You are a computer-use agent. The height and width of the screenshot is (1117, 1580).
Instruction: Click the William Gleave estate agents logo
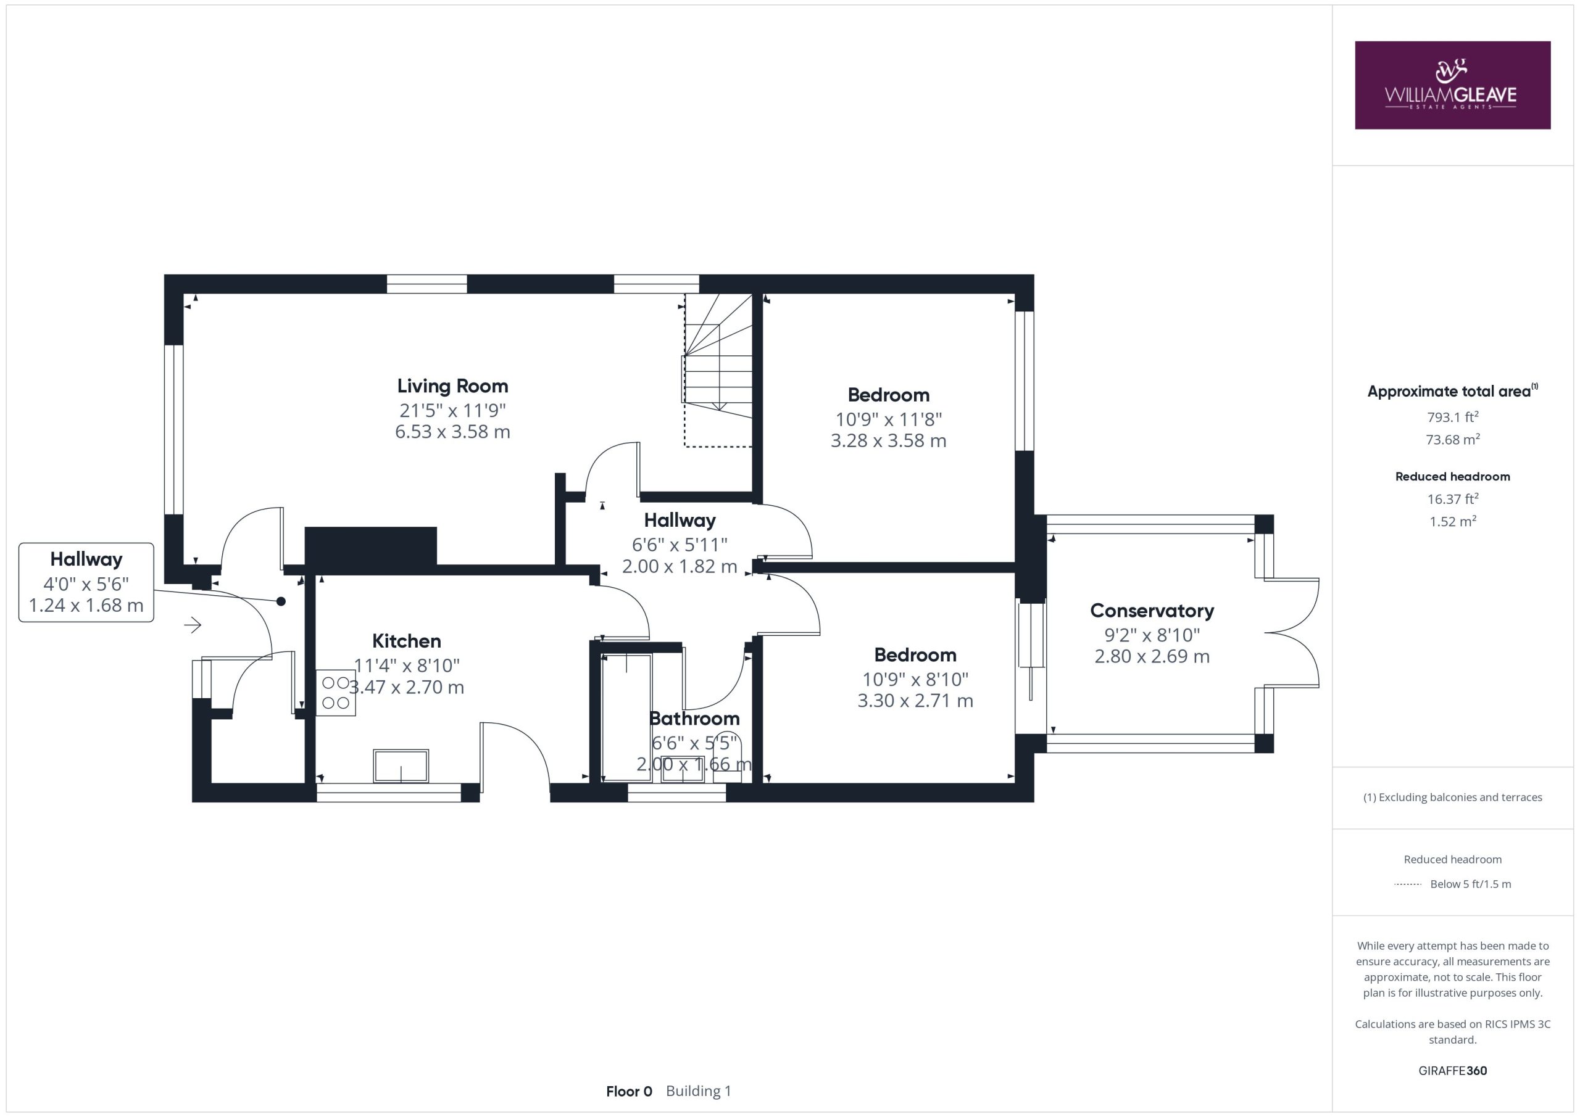point(1453,85)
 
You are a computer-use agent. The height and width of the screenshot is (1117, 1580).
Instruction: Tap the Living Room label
point(452,386)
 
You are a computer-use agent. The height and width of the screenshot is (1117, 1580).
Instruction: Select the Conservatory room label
point(1152,611)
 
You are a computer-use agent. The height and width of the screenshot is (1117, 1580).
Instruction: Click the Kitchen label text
point(406,641)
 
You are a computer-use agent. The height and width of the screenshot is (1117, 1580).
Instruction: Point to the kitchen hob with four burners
point(336,693)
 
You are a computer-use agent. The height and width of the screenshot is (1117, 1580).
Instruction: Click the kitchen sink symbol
point(401,765)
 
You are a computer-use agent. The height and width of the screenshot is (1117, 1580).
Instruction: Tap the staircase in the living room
point(718,370)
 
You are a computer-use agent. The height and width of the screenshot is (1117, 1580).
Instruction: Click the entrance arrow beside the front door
point(193,625)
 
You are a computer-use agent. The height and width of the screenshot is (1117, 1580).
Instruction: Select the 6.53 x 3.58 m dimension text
point(452,432)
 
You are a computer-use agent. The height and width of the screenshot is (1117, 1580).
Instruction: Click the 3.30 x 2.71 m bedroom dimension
point(915,701)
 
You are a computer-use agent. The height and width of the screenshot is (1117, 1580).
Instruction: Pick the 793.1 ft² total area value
point(1453,417)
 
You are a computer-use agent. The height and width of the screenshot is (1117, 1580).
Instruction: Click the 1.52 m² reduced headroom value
point(1453,521)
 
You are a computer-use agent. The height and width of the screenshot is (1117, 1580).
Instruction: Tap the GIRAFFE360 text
point(1453,1071)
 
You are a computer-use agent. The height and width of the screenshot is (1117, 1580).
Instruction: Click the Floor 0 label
point(629,1092)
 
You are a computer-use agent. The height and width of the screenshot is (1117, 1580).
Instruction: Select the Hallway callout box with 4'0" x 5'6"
point(86,583)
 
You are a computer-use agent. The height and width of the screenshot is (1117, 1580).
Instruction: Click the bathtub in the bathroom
point(626,718)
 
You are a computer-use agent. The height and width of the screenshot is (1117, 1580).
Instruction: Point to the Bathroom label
point(694,719)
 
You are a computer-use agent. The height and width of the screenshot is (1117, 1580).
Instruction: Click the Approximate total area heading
point(1452,392)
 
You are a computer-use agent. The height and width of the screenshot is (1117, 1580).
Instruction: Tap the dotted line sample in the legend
point(1407,884)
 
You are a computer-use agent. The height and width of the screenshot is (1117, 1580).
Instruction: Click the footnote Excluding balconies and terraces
point(1453,797)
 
